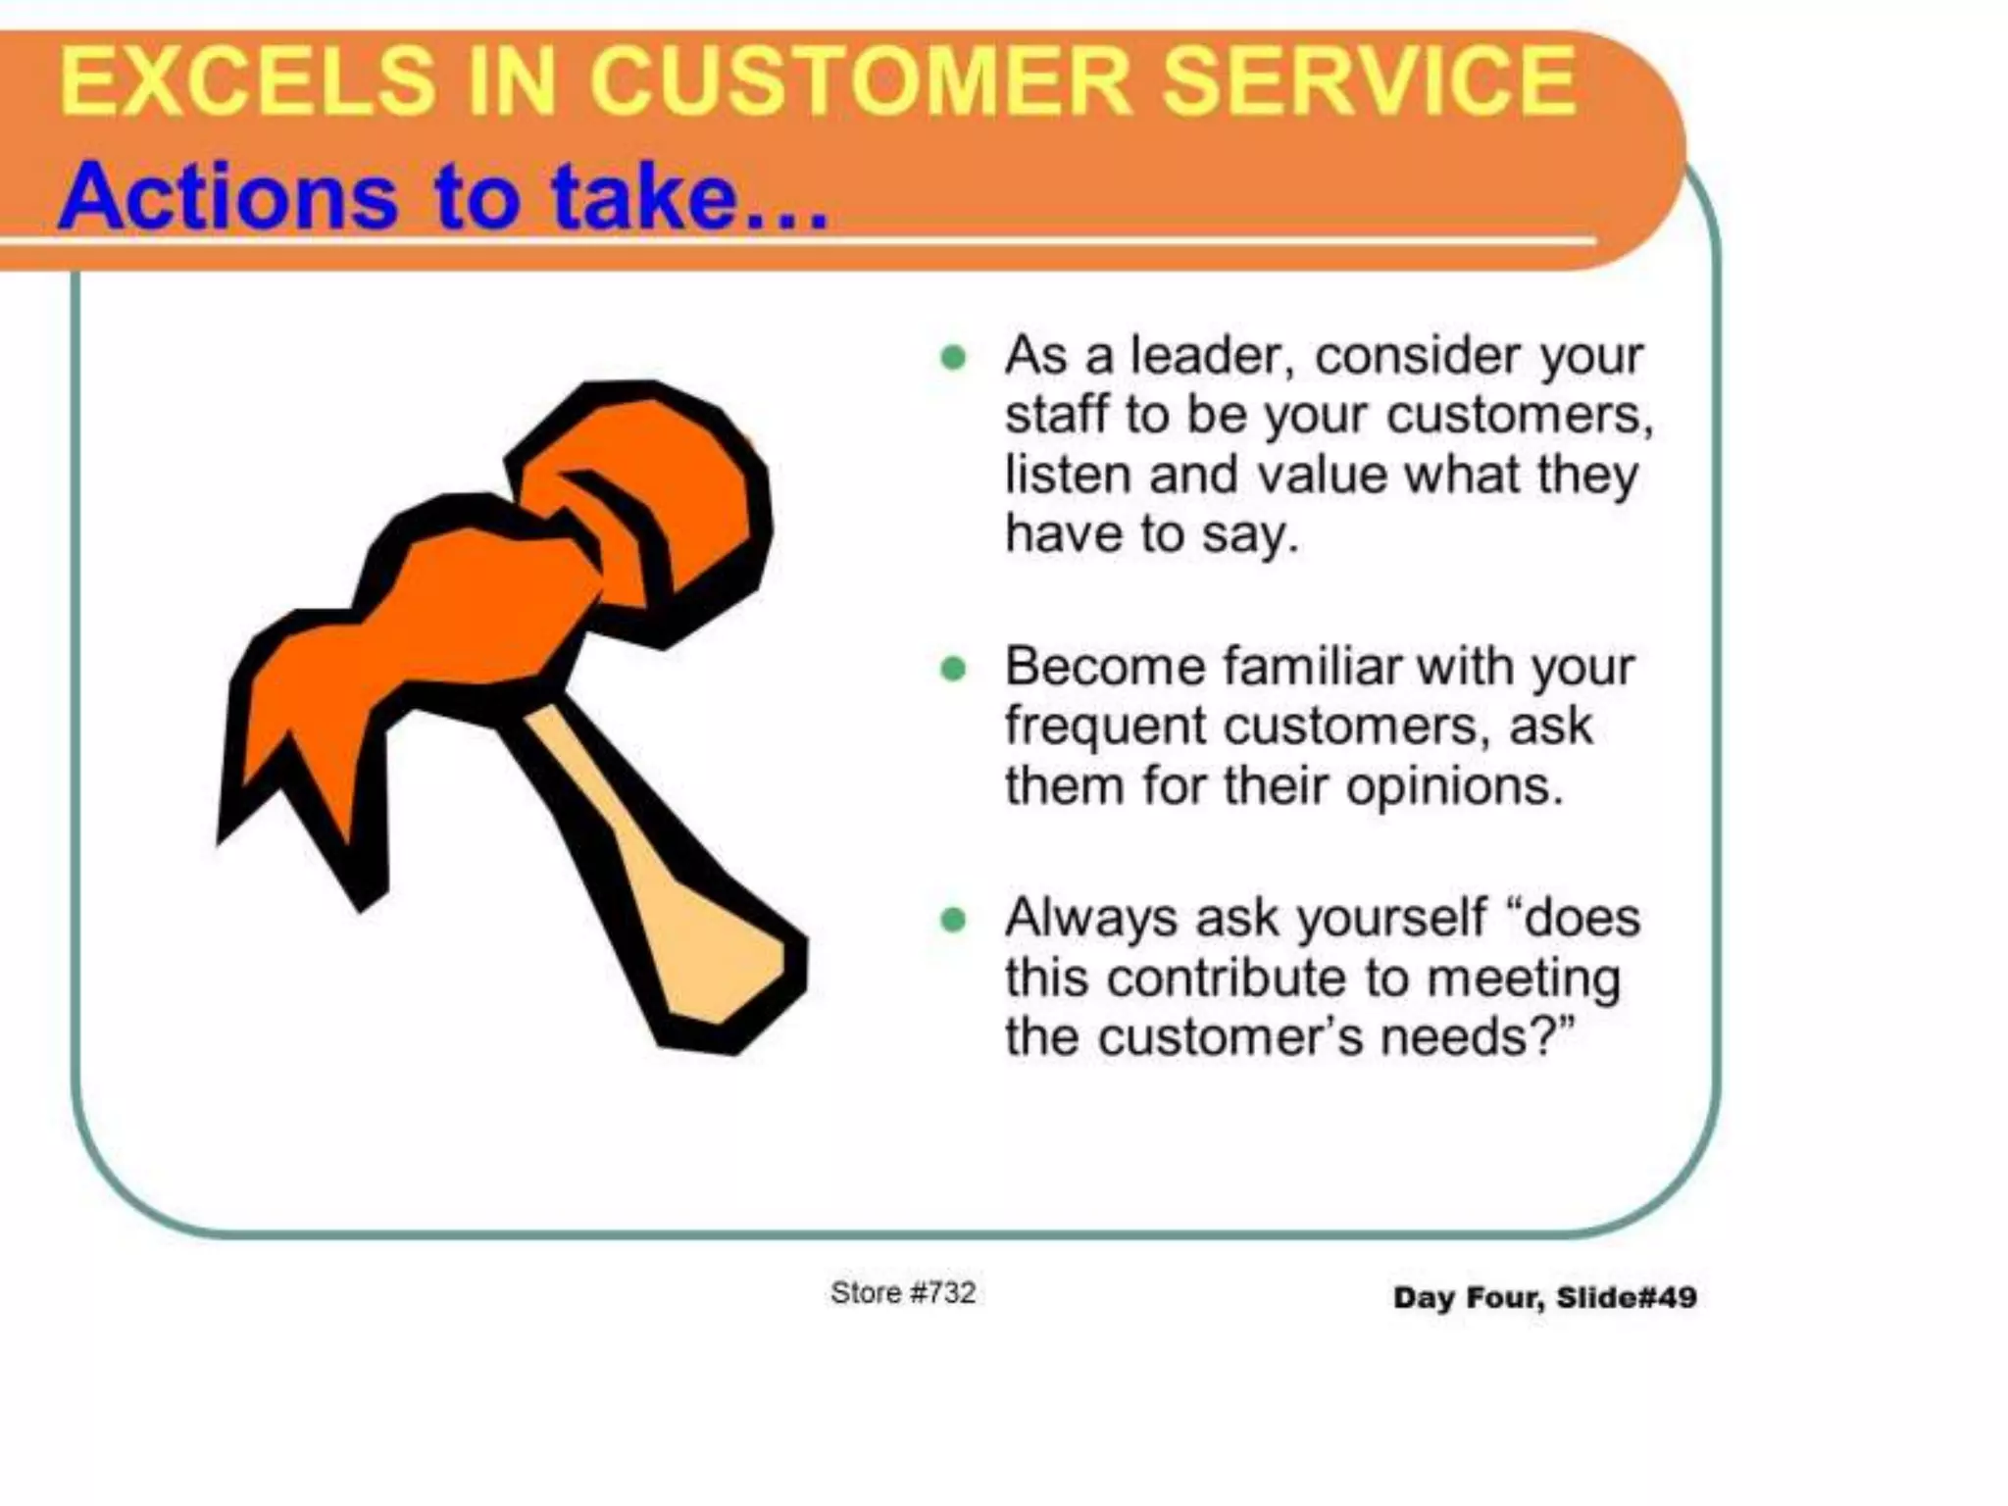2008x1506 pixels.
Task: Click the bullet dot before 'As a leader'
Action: (952, 357)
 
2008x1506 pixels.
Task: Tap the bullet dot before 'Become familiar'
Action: (952, 670)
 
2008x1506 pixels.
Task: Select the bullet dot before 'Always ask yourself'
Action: (952, 920)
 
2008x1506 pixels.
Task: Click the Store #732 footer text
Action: (903, 1293)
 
